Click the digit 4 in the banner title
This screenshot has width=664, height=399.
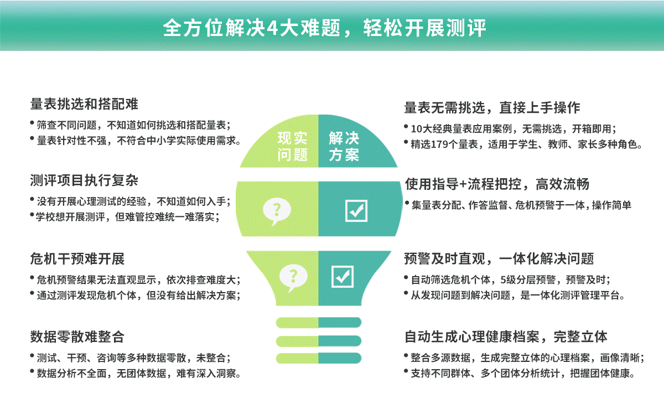(x=272, y=29)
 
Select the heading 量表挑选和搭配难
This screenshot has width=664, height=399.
(x=84, y=104)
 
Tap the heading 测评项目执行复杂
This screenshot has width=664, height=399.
(x=84, y=180)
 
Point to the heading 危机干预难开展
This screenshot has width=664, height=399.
(x=77, y=258)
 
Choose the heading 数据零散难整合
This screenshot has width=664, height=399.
(x=77, y=337)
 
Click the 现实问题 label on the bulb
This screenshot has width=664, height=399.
(x=292, y=147)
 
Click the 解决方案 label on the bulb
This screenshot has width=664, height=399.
(x=344, y=147)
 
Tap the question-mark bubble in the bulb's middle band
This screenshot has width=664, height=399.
(x=277, y=211)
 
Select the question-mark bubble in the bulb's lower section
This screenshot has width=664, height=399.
(x=293, y=277)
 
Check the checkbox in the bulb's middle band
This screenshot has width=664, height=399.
(x=356, y=211)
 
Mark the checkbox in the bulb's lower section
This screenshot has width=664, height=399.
(x=343, y=277)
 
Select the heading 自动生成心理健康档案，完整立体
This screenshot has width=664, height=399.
(x=506, y=337)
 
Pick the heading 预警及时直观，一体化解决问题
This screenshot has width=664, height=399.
(x=499, y=258)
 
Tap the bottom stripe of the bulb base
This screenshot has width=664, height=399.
(x=319, y=358)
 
